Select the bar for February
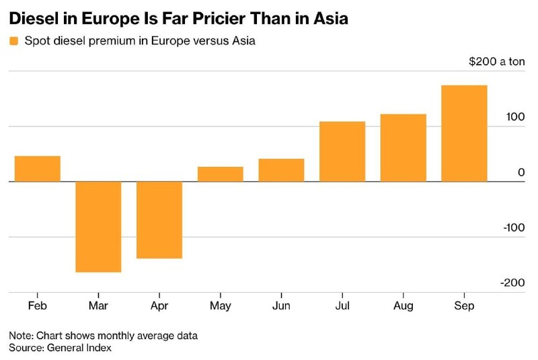coord(38,169)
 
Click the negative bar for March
coord(98,227)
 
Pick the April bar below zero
coord(159,220)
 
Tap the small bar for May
coord(221,174)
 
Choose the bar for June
coord(281,170)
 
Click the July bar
coord(342,151)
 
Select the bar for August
coord(403,148)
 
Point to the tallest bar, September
coord(464,133)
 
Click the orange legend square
coord(13,41)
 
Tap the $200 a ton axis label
coord(496,61)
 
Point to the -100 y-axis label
coord(514,227)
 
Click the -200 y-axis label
coord(512,283)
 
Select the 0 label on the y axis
coord(521,172)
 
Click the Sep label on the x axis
coord(464,305)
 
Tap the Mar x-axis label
coord(98,305)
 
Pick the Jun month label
coord(281,305)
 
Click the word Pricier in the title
coord(203,18)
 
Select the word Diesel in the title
coord(33,18)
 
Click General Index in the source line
coord(79,348)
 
